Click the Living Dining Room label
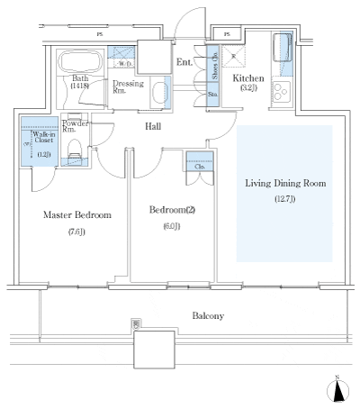(x=285, y=183)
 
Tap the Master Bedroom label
(x=77, y=215)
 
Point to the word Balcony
(x=206, y=316)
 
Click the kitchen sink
(x=283, y=47)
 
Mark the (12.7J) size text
(x=285, y=200)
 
